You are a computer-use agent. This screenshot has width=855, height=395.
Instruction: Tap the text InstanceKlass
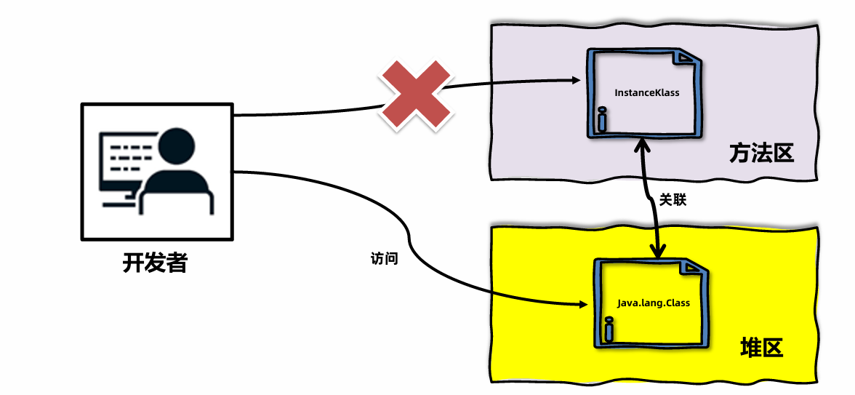click(x=646, y=93)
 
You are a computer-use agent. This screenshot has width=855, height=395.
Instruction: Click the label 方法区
click(x=761, y=153)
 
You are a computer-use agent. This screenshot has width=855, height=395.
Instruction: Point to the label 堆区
click(x=761, y=348)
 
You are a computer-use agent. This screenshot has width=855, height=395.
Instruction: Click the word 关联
click(x=673, y=199)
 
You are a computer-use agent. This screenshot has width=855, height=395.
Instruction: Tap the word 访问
click(x=384, y=258)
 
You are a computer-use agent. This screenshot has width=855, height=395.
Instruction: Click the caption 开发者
click(x=155, y=262)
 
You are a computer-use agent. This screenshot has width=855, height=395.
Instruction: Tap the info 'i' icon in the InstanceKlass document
click(x=601, y=120)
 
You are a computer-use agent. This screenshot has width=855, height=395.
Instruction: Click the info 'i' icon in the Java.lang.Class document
click(x=608, y=331)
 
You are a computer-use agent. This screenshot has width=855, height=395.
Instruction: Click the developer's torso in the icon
click(x=177, y=193)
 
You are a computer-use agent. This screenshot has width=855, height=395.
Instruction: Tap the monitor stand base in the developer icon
click(x=119, y=204)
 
